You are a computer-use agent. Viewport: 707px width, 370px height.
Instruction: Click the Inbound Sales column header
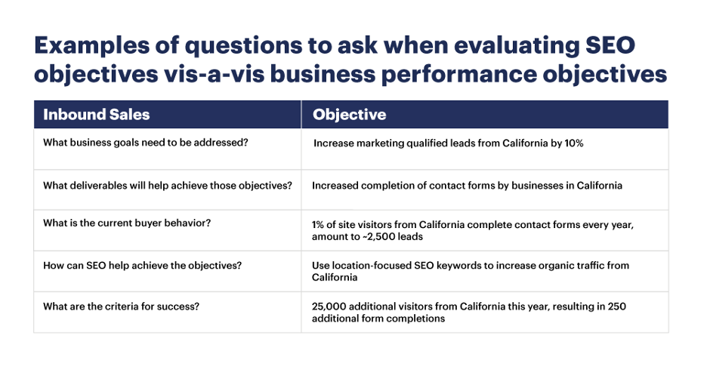point(96,115)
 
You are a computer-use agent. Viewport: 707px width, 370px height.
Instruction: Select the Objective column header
point(350,115)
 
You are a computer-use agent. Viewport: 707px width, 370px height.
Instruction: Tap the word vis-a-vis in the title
point(215,74)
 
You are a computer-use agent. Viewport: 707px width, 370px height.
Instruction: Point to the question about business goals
point(146,143)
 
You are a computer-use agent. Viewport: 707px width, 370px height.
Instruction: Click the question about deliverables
point(168,185)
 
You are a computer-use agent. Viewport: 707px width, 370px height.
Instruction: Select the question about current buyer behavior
point(127,223)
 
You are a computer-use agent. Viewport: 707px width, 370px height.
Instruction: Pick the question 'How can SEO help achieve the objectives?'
point(143,266)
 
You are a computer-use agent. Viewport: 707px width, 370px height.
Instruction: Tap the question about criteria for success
point(122,307)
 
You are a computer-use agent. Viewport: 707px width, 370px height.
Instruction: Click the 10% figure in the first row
point(574,143)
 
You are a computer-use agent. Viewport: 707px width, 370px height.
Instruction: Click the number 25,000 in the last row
point(329,307)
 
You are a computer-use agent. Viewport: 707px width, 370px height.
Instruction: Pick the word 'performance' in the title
point(459,74)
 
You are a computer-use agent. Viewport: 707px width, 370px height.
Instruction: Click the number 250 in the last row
point(617,307)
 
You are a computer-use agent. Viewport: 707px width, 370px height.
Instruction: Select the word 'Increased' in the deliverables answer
point(332,185)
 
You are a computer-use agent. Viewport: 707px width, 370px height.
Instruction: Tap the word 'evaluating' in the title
point(516,45)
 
